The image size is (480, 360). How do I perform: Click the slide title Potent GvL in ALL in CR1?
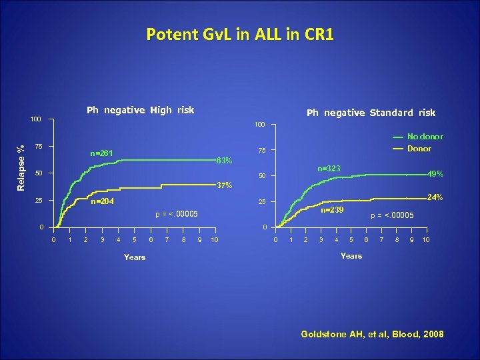pos(239,34)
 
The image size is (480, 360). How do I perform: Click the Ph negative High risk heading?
pos(141,110)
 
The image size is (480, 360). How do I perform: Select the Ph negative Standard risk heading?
pos(371,113)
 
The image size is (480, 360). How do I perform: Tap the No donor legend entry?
pos(425,137)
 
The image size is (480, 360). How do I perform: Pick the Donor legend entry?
pos(419,149)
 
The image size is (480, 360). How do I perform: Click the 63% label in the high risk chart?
pos(224,161)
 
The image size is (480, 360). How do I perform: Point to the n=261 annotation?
pos(102,154)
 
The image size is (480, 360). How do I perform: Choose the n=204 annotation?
pos(102,201)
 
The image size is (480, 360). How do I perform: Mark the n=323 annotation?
pos(329,169)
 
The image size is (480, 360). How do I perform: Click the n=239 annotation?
pos(332,210)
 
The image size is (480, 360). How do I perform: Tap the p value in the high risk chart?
pos(176,214)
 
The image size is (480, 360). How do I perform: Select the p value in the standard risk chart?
pos(392,215)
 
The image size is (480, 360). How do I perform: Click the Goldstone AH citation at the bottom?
pos(372,334)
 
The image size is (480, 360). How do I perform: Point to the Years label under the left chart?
pos(135,257)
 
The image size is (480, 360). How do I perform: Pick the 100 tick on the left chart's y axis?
pos(36,119)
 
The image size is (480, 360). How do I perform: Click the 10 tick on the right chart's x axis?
pos(426,239)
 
